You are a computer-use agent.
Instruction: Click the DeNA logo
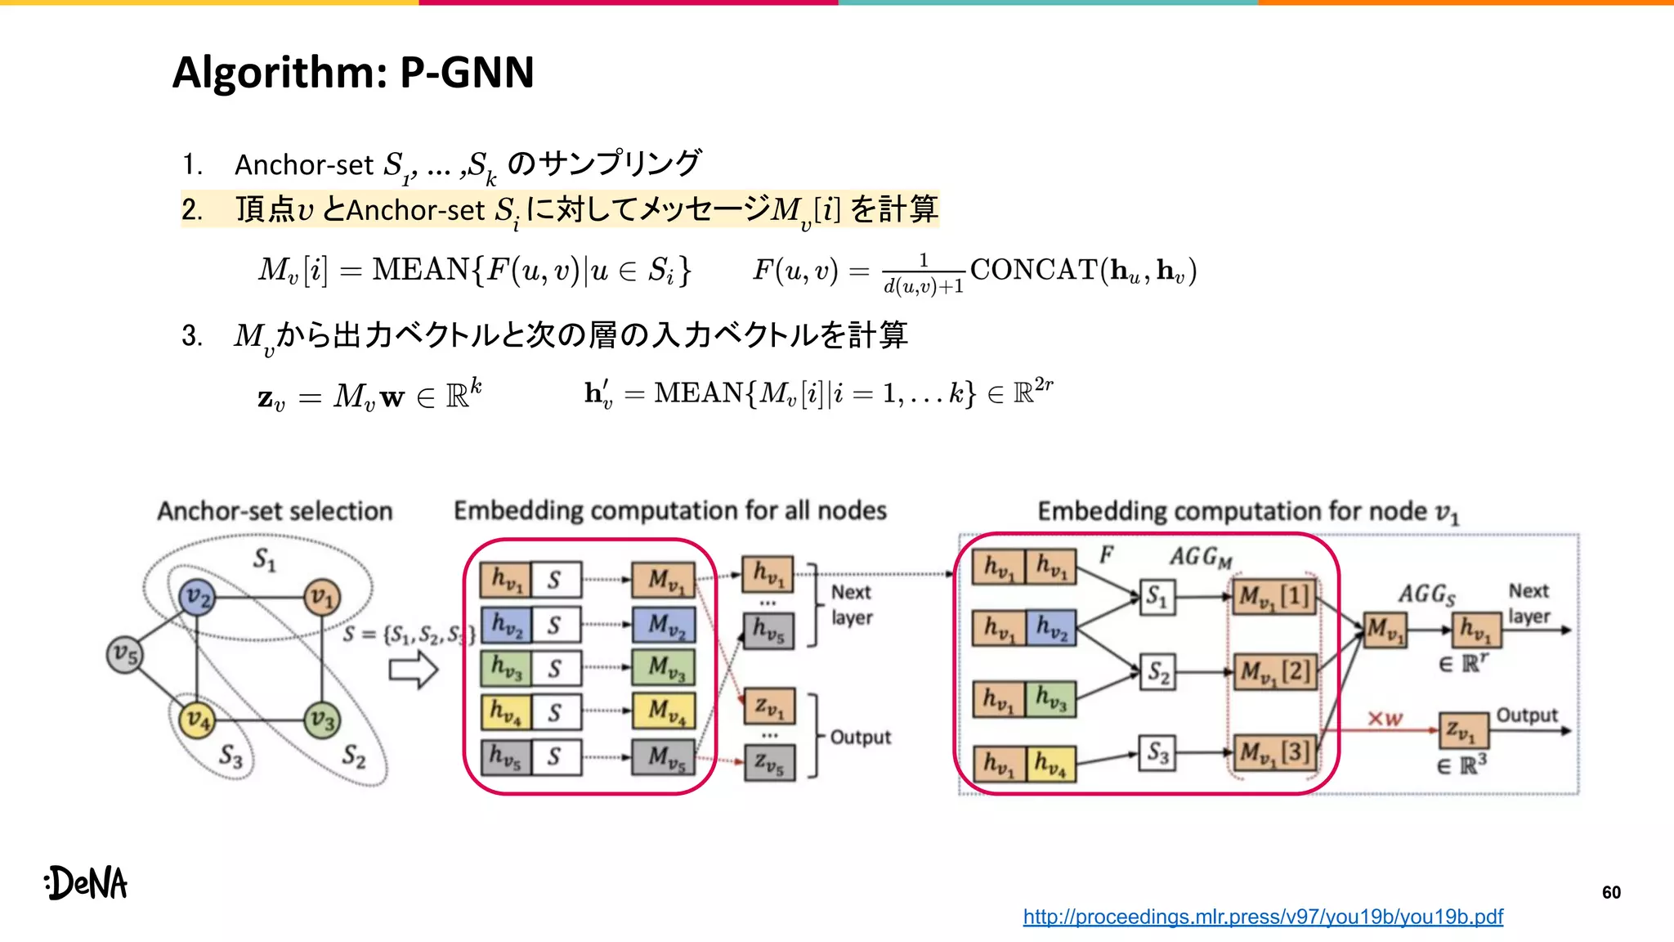pyautogui.click(x=87, y=883)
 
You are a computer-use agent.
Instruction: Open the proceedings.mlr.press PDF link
pyautogui.click(x=1262, y=917)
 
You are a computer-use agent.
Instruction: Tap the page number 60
pyautogui.click(x=1611, y=892)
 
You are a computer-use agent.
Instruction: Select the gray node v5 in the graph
pyautogui.click(x=124, y=654)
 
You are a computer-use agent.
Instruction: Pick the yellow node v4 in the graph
pyautogui.click(x=196, y=720)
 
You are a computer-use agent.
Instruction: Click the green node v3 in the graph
pyautogui.click(x=321, y=720)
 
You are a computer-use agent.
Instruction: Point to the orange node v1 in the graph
pyautogui.click(x=321, y=599)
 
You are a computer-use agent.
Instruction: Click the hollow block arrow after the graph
pyautogui.click(x=414, y=671)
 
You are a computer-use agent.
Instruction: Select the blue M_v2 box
pyautogui.click(x=663, y=625)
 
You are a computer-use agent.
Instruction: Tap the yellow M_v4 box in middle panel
pyautogui.click(x=663, y=711)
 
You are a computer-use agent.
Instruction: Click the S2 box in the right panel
pyautogui.click(x=1157, y=672)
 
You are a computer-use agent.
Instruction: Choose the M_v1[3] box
pyautogui.click(x=1273, y=751)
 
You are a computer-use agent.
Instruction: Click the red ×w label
pyautogui.click(x=1385, y=719)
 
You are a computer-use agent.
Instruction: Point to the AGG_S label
pyautogui.click(x=1426, y=594)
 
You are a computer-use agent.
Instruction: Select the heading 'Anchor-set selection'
pyautogui.click(x=275, y=511)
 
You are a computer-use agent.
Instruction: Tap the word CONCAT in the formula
pyautogui.click(x=1033, y=269)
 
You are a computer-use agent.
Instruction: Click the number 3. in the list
pyautogui.click(x=192, y=335)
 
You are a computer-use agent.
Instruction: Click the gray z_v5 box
pyautogui.click(x=768, y=764)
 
